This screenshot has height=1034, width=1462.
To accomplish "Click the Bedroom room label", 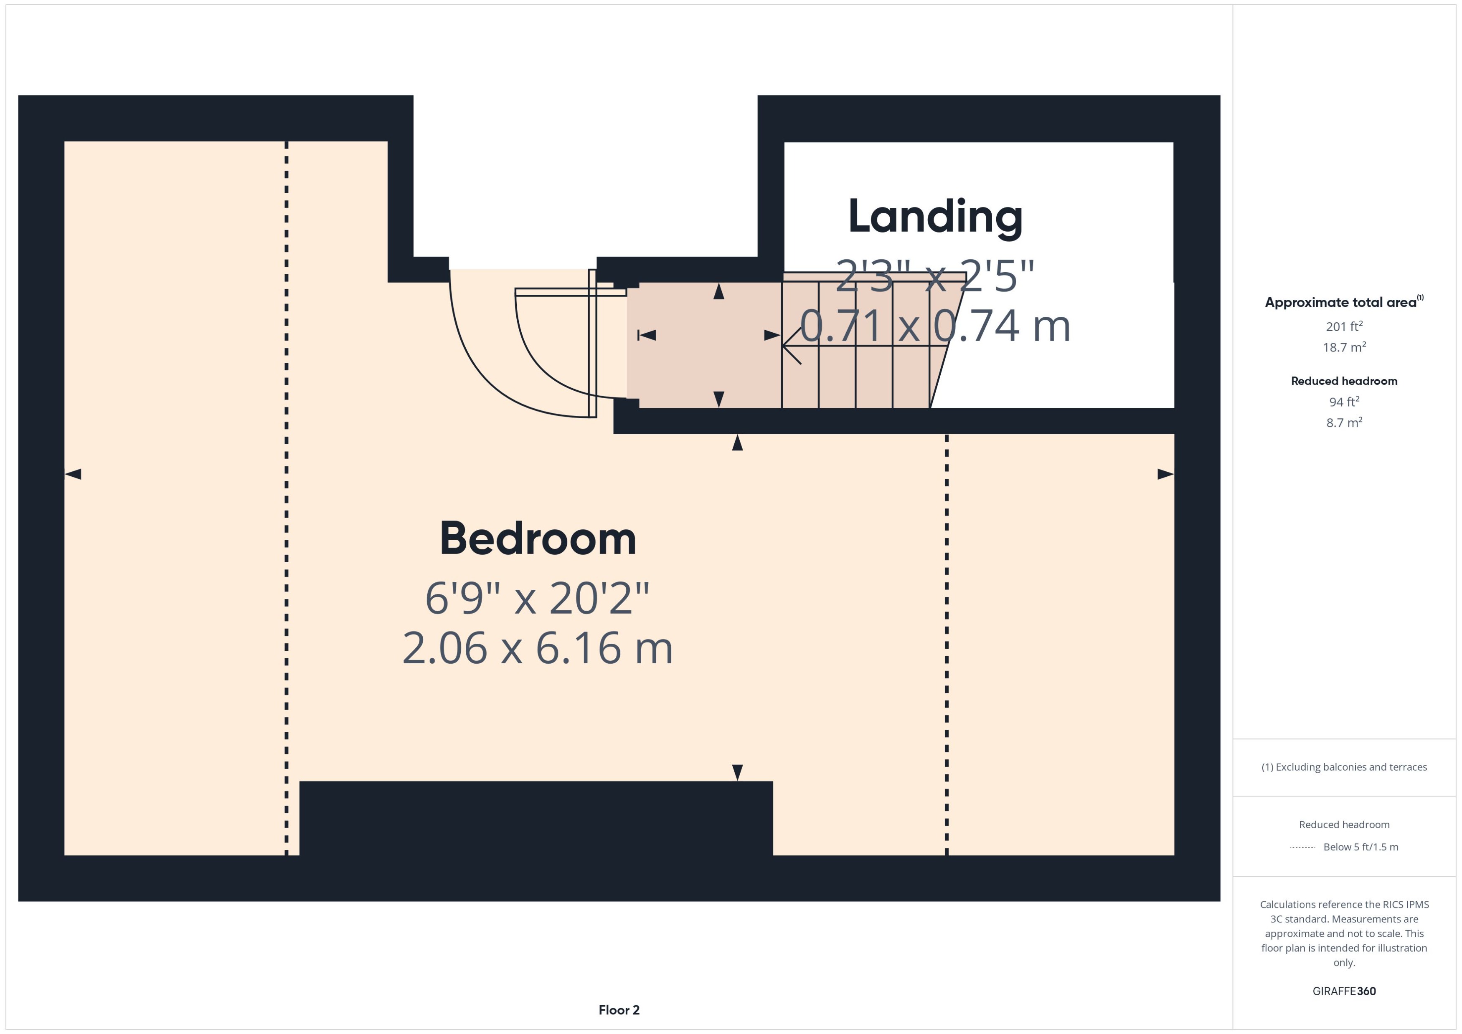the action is (x=538, y=538).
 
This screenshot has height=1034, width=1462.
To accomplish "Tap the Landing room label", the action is (x=935, y=217).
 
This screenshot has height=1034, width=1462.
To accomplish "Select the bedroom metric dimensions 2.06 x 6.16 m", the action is (x=538, y=648).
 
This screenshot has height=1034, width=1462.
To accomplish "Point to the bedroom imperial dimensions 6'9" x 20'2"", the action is (x=538, y=599).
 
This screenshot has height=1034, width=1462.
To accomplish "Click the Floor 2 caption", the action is (x=619, y=1010).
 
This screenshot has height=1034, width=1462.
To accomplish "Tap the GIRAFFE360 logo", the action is (x=1344, y=991).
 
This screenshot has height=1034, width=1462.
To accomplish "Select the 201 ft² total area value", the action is (x=1344, y=326).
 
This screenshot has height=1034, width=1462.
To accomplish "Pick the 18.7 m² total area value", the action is (x=1344, y=347).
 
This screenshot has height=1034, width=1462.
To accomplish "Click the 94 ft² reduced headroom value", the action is (x=1344, y=401).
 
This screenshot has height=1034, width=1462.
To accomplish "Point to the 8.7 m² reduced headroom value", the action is (x=1344, y=422).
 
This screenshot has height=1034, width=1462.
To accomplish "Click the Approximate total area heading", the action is (x=1344, y=302).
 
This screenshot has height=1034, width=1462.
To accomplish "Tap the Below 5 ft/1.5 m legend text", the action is (x=1361, y=847).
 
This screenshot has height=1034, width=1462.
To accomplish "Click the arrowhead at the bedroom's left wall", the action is (x=73, y=474).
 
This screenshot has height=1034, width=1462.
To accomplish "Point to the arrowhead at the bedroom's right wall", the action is (x=1165, y=474).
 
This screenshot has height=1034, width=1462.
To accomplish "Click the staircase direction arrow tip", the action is (x=783, y=346).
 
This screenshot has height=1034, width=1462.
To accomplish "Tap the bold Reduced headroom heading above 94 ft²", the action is (x=1344, y=381).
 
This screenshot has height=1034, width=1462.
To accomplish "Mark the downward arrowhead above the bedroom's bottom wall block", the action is (x=738, y=772).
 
